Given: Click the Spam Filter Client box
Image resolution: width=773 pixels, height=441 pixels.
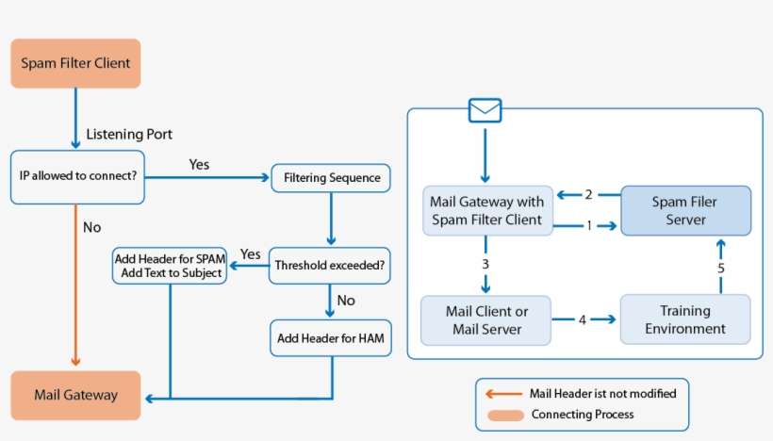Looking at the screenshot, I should pyautogui.click(x=75, y=64).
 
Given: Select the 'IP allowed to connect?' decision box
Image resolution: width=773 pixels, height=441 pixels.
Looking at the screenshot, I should pyautogui.click(x=77, y=176).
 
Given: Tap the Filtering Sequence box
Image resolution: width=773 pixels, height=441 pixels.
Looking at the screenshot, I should pyautogui.click(x=330, y=177).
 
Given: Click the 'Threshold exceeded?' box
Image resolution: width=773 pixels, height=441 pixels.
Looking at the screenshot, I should pyautogui.click(x=330, y=266).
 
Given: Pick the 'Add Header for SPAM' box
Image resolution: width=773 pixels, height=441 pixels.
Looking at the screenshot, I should pyautogui.click(x=169, y=266).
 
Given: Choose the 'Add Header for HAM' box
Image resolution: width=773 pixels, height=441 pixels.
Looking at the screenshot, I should pyautogui.click(x=330, y=336).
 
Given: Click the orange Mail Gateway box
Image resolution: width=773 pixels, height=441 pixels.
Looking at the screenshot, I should pyautogui.click(x=75, y=395).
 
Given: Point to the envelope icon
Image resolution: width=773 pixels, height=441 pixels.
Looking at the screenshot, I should pyautogui.click(x=485, y=111).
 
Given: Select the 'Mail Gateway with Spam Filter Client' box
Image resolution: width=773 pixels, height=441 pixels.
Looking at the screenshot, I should pyautogui.click(x=485, y=211).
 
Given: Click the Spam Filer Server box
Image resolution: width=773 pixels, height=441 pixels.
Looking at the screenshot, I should pyautogui.click(x=686, y=211).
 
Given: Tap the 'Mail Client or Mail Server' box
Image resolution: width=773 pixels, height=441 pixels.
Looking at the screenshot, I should pyautogui.click(x=485, y=319).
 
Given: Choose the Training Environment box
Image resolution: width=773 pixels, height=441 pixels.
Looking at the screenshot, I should pyautogui.click(x=686, y=319).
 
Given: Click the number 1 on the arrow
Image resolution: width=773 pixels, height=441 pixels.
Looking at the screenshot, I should pyautogui.click(x=589, y=226).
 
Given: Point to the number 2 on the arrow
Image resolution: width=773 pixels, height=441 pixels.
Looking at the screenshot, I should pyautogui.click(x=588, y=195).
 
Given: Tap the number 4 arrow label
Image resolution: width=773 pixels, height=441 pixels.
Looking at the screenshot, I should pyautogui.click(x=583, y=319).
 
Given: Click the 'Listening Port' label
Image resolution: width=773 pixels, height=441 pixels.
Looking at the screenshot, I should pyautogui.click(x=129, y=135).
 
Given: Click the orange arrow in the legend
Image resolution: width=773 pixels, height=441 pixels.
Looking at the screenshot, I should pyautogui.click(x=504, y=393).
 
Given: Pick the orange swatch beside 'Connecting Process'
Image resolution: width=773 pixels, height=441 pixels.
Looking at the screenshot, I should pyautogui.click(x=504, y=415).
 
